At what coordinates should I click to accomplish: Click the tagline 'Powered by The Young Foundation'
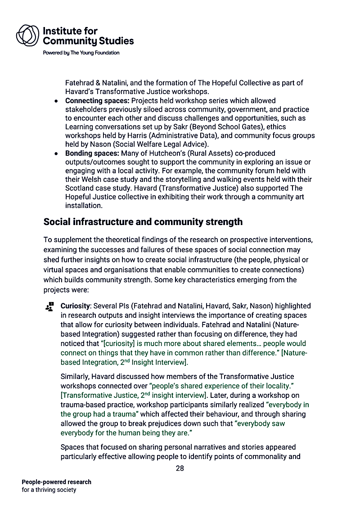tap(81, 53)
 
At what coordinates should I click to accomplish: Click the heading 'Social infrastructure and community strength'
tap(143, 222)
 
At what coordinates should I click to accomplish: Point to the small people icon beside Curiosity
tap(49, 306)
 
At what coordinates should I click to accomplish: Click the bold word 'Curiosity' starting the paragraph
tap(76, 306)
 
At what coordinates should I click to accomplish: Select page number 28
tap(180, 468)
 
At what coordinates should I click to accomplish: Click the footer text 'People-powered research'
tap(56, 482)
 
